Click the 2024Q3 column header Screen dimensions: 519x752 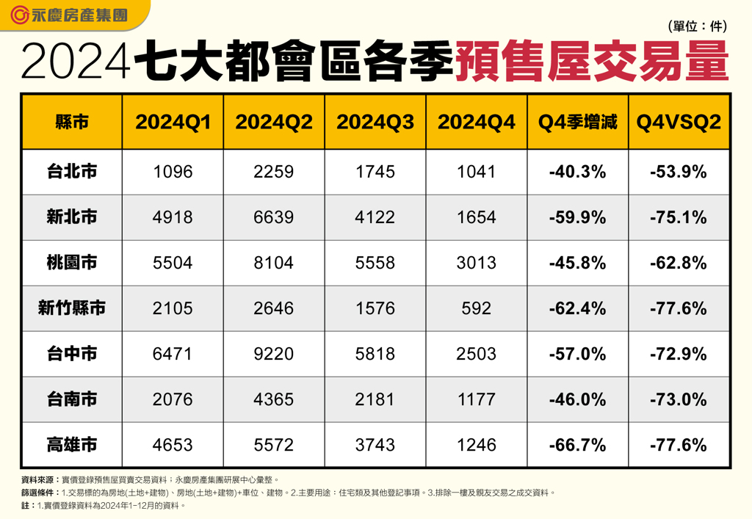click(x=375, y=122)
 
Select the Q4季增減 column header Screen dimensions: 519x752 click(x=577, y=122)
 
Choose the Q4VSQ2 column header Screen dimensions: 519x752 click(x=679, y=122)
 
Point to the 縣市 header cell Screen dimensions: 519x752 click(x=72, y=122)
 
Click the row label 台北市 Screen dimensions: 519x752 click(x=72, y=172)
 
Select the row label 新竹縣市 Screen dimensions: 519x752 click(x=72, y=308)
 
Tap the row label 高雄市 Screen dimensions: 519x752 click(x=72, y=445)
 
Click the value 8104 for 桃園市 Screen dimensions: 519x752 click(x=273, y=263)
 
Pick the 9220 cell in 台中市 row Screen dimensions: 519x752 click(x=273, y=354)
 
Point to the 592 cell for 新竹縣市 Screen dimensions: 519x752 click(x=477, y=308)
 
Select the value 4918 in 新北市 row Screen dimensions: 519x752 click(x=173, y=217)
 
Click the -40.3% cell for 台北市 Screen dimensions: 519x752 click(x=577, y=172)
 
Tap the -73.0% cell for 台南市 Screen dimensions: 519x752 click(x=679, y=399)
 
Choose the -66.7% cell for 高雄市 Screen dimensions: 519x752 click(x=577, y=445)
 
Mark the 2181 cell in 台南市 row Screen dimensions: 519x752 click(x=375, y=399)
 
